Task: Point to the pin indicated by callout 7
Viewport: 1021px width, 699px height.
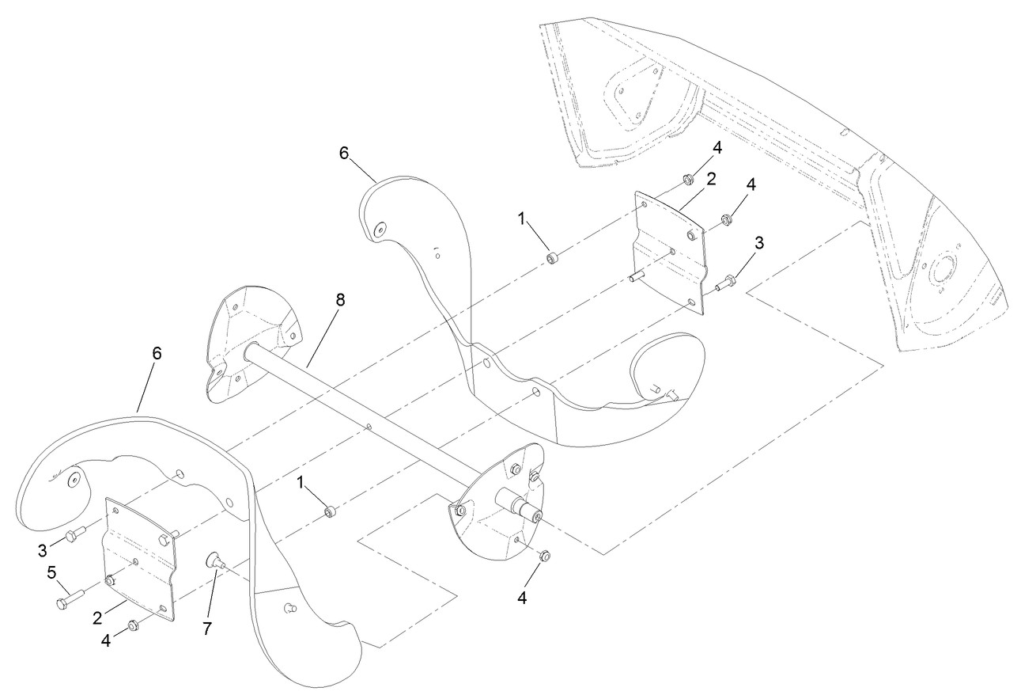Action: tap(215, 561)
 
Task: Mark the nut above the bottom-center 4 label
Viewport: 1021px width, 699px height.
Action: tap(544, 557)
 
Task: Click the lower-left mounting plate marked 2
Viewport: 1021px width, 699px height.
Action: tap(140, 558)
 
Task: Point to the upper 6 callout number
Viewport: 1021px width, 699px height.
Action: tap(344, 152)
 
